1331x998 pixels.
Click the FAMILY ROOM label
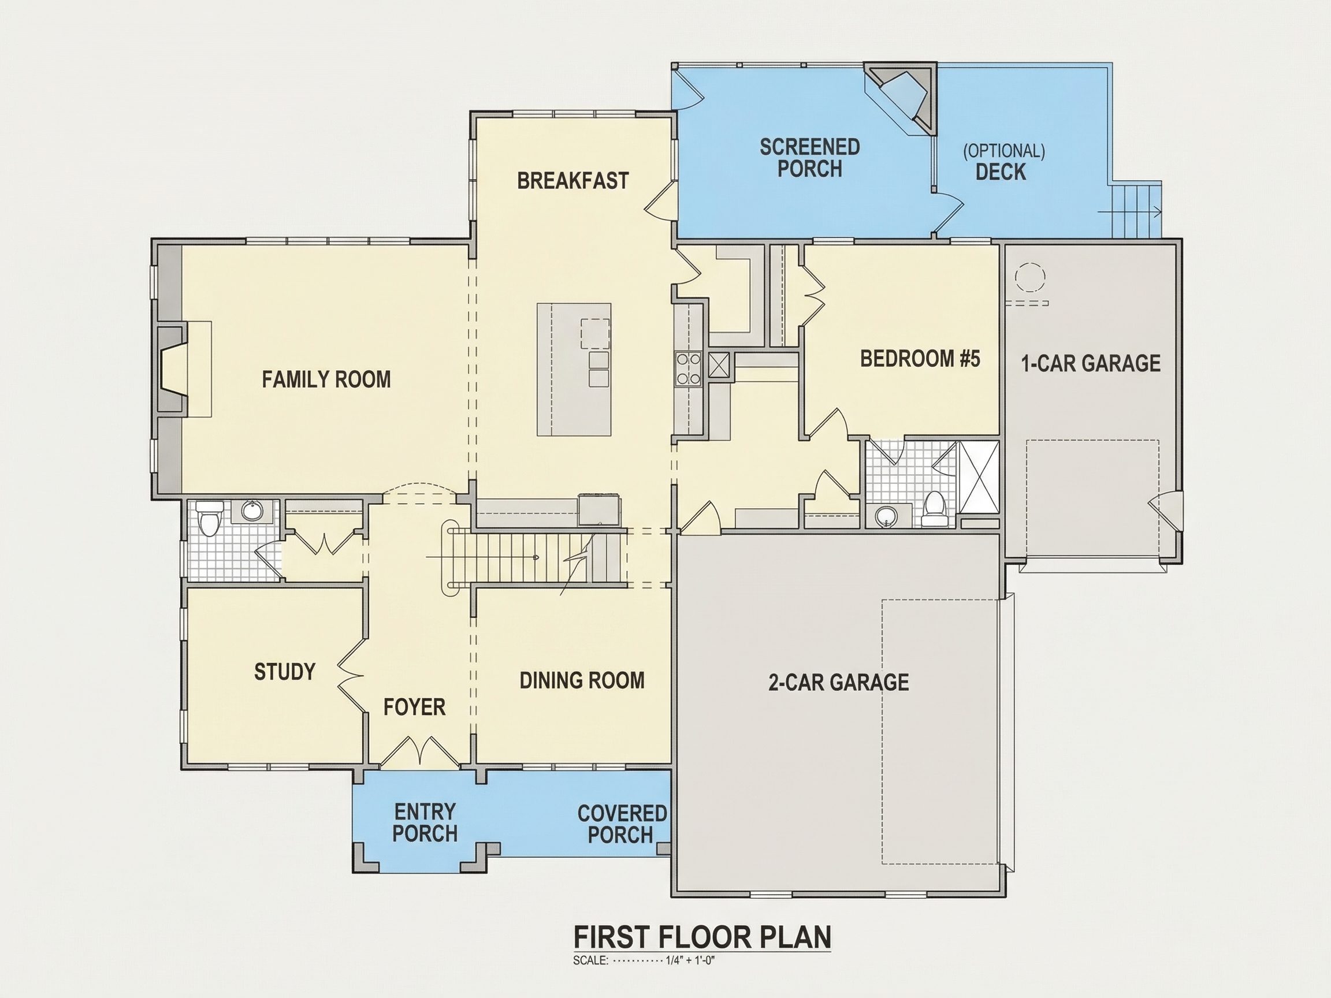click(x=326, y=379)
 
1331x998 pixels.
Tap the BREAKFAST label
click(x=573, y=180)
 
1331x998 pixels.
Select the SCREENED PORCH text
click(x=810, y=158)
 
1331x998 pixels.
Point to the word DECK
click(x=1001, y=172)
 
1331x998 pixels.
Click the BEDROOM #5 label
click(x=920, y=359)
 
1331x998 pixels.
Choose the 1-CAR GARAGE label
click(x=1091, y=363)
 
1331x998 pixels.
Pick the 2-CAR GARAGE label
click(x=839, y=682)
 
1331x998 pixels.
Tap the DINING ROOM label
click(x=582, y=680)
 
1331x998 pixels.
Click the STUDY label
click(x=285, y=671)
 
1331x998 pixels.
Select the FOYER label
click(x=415, y=707)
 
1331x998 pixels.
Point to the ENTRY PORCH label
click(x=425, y=823)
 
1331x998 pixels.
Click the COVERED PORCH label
click(x=622, y=824)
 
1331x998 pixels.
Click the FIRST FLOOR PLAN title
click(x=702, y=937)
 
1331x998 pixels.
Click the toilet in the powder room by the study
click(x=209, y=519)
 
